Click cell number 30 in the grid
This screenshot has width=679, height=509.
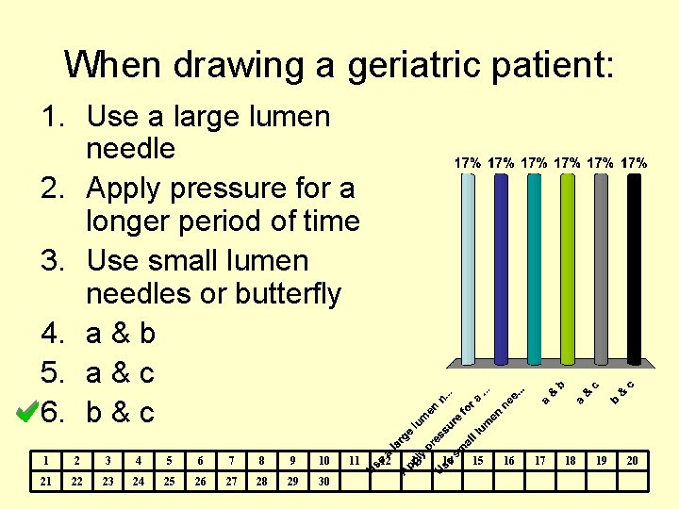click(323, 481)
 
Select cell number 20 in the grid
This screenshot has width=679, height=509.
click(633, 460)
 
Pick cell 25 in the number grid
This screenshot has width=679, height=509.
click(169, 481)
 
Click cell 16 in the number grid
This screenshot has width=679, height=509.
click(509, 460)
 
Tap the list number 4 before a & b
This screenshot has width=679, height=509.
click(51, 334)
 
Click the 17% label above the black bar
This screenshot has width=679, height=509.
click(635, 162)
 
